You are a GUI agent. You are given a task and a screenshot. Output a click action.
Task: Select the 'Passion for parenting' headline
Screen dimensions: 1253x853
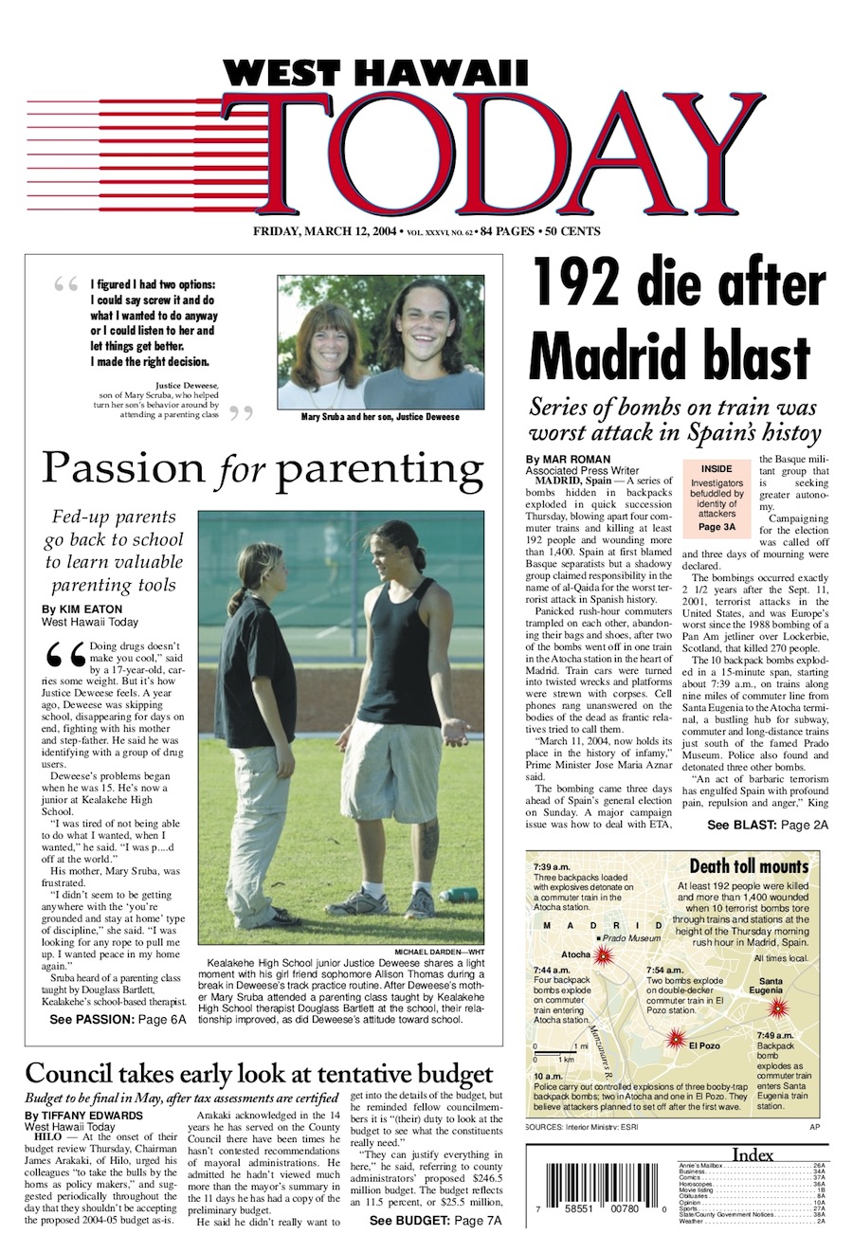coord(262,468)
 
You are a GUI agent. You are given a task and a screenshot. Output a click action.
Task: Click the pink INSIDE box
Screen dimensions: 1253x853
coord(717,498)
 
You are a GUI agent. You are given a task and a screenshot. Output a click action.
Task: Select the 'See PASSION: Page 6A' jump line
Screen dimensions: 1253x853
coord(118,1020)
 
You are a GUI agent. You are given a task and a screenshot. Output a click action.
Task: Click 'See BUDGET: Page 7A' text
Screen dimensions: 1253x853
coord(435,1221)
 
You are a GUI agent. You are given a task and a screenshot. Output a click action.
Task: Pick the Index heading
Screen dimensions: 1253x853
coord(753,1154)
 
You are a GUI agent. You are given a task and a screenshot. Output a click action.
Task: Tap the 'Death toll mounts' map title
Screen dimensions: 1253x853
coord(749,866)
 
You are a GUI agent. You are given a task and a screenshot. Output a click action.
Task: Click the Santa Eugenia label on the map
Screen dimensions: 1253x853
coord(771,986)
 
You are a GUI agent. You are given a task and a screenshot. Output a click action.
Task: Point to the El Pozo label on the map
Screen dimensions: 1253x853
coord(704,1045)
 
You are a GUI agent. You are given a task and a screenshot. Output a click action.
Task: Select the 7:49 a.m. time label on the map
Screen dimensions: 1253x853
coord(775,1036)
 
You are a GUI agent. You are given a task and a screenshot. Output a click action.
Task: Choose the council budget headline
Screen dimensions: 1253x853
coord(259,1074)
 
